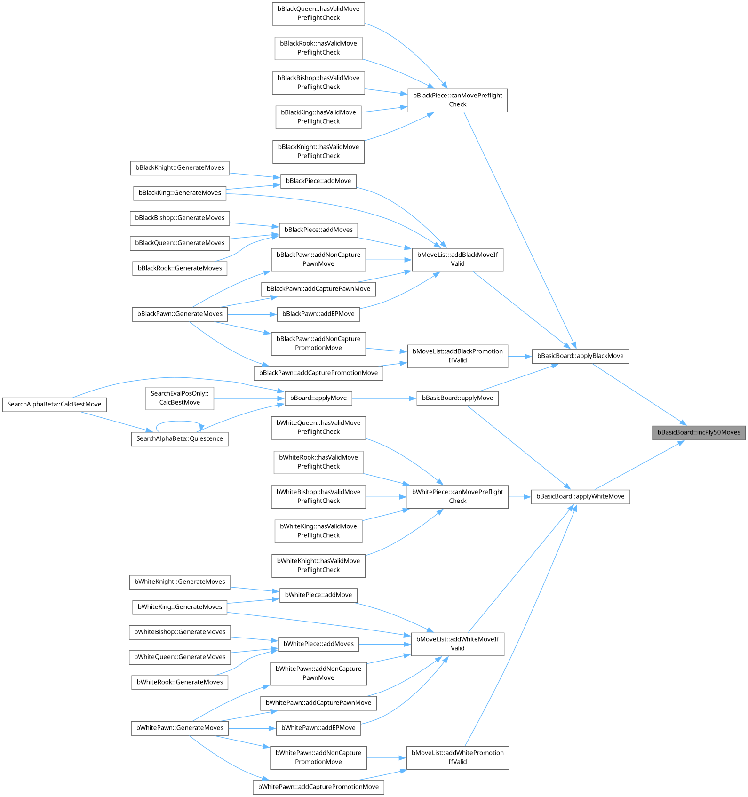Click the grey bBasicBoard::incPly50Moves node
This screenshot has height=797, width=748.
(x=699, y=432)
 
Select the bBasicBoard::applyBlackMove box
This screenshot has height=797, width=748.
(x=580, y=356)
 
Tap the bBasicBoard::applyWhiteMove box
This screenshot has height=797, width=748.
(x=580, y=496)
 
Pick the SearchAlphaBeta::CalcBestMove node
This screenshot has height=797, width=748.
(x=54, y=404)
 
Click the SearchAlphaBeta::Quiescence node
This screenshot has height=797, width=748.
(x=179, y=438)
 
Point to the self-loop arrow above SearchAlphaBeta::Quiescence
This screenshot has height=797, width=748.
(x=179, y=422)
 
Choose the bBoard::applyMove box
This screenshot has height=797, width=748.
(x=318, y=398)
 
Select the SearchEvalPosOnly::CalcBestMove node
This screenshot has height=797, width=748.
(x=179, y=398)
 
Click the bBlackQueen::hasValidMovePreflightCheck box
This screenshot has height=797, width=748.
(x=318, y=13)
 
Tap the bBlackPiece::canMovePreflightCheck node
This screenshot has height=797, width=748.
(x=457, y=100)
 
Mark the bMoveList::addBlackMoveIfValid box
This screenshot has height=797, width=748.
(x=457, y=259)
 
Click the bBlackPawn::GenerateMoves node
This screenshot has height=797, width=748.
(x=180, y=314)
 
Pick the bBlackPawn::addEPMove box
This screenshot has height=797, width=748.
(x=318, y=314)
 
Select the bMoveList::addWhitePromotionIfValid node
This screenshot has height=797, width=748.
(x=457, y=757)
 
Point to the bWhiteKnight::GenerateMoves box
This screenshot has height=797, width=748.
(x=180, y=582)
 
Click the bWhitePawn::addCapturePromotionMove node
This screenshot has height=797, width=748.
(x=318, y=787)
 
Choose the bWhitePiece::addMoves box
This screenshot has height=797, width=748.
(x=318, y=644)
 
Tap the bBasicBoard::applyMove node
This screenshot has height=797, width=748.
(x=457, y=398)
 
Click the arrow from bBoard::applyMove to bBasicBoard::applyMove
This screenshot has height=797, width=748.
(x=383, y=398)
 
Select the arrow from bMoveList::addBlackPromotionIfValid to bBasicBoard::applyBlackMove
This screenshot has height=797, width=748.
(x=520, y=357)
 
